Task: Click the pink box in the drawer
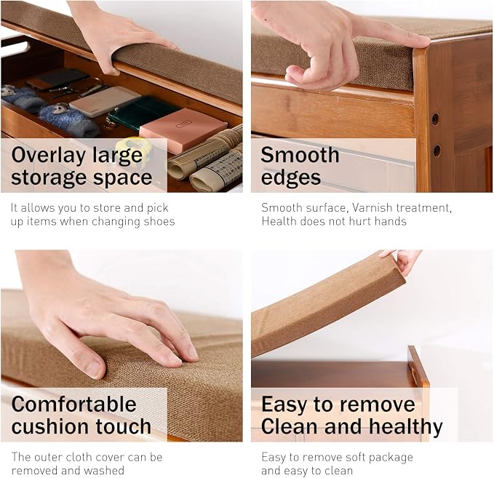183,130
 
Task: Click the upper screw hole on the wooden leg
435,119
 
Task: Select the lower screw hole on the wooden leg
437,151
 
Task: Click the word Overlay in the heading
49,156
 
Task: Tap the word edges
290,178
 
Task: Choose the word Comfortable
73,404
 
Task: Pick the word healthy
406,427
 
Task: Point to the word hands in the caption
391,221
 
